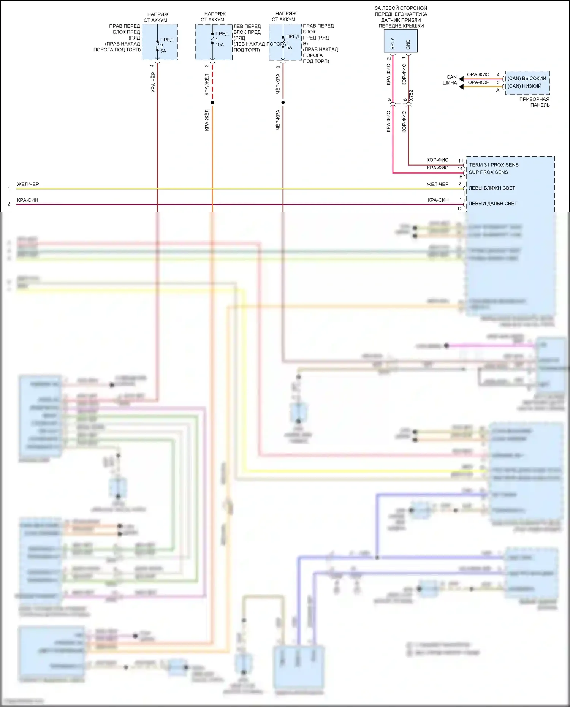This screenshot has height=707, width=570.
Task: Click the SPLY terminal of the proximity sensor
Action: (x=393, y=44)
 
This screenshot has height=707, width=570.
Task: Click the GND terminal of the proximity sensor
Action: (x=408, y=44)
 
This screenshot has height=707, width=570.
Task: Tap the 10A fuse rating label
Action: (x=220, y=45)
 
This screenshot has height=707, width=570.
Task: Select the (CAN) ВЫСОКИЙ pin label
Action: (x=527, y=78)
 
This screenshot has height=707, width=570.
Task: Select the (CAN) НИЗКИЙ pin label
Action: (x=524, y=86)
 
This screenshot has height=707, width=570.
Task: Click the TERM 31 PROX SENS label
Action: (x=494, y=165)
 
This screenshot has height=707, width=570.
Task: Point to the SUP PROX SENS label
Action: (x=488, y=172)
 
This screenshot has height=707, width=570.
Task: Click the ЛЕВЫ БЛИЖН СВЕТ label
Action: (x=492, y=188)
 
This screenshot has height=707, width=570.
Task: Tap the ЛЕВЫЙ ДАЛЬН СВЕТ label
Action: (x=493, y=204)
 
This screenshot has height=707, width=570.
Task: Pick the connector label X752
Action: (x=411, y=96)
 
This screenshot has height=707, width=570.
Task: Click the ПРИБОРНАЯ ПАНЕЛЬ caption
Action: (x=534, y=102)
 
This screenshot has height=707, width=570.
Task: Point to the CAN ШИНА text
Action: (x=450, y=80)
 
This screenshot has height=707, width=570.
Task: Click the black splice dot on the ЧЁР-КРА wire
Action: (x=283, y=103)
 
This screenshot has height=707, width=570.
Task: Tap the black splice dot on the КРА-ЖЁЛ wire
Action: (x=212, y=103)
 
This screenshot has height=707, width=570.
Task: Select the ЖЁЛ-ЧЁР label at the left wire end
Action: (x=28, y=184)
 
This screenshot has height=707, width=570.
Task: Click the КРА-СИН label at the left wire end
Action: (x=28, y=200)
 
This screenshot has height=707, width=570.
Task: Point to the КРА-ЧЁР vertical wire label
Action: (x=153, y=82)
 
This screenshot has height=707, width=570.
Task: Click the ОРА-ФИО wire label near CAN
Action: (x=478, y=74)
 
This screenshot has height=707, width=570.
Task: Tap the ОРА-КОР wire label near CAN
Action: (x=478, y=82)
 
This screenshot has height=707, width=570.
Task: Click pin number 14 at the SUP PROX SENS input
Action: (x=460, y=168)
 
